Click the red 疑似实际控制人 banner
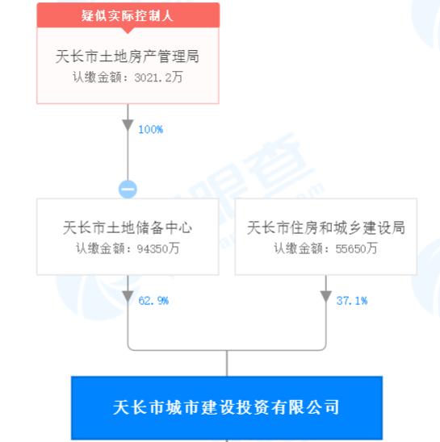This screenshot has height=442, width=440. [128, 15]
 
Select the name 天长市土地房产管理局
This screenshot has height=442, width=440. [128, 56]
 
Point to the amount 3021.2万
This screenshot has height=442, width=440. [158, 77]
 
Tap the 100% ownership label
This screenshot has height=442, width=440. [150, 129]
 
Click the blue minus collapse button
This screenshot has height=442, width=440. [128, 189]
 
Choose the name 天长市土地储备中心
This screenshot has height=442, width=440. [128, 227]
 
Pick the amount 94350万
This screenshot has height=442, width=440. [158, 248]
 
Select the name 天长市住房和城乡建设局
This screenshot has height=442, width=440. [326, 227]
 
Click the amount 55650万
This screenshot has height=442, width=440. [357, 248]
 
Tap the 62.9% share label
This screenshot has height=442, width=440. [153, 301]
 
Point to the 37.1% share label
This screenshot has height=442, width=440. [352, 301]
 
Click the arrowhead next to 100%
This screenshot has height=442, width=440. [128, 125]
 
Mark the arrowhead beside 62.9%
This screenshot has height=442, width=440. [128, 297]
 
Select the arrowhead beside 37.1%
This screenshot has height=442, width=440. [326, 297]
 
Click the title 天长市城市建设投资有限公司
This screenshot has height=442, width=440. [226, 407]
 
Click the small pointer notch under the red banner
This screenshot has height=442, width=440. [128, 31]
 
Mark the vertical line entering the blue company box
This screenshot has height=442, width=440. [227, 363]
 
